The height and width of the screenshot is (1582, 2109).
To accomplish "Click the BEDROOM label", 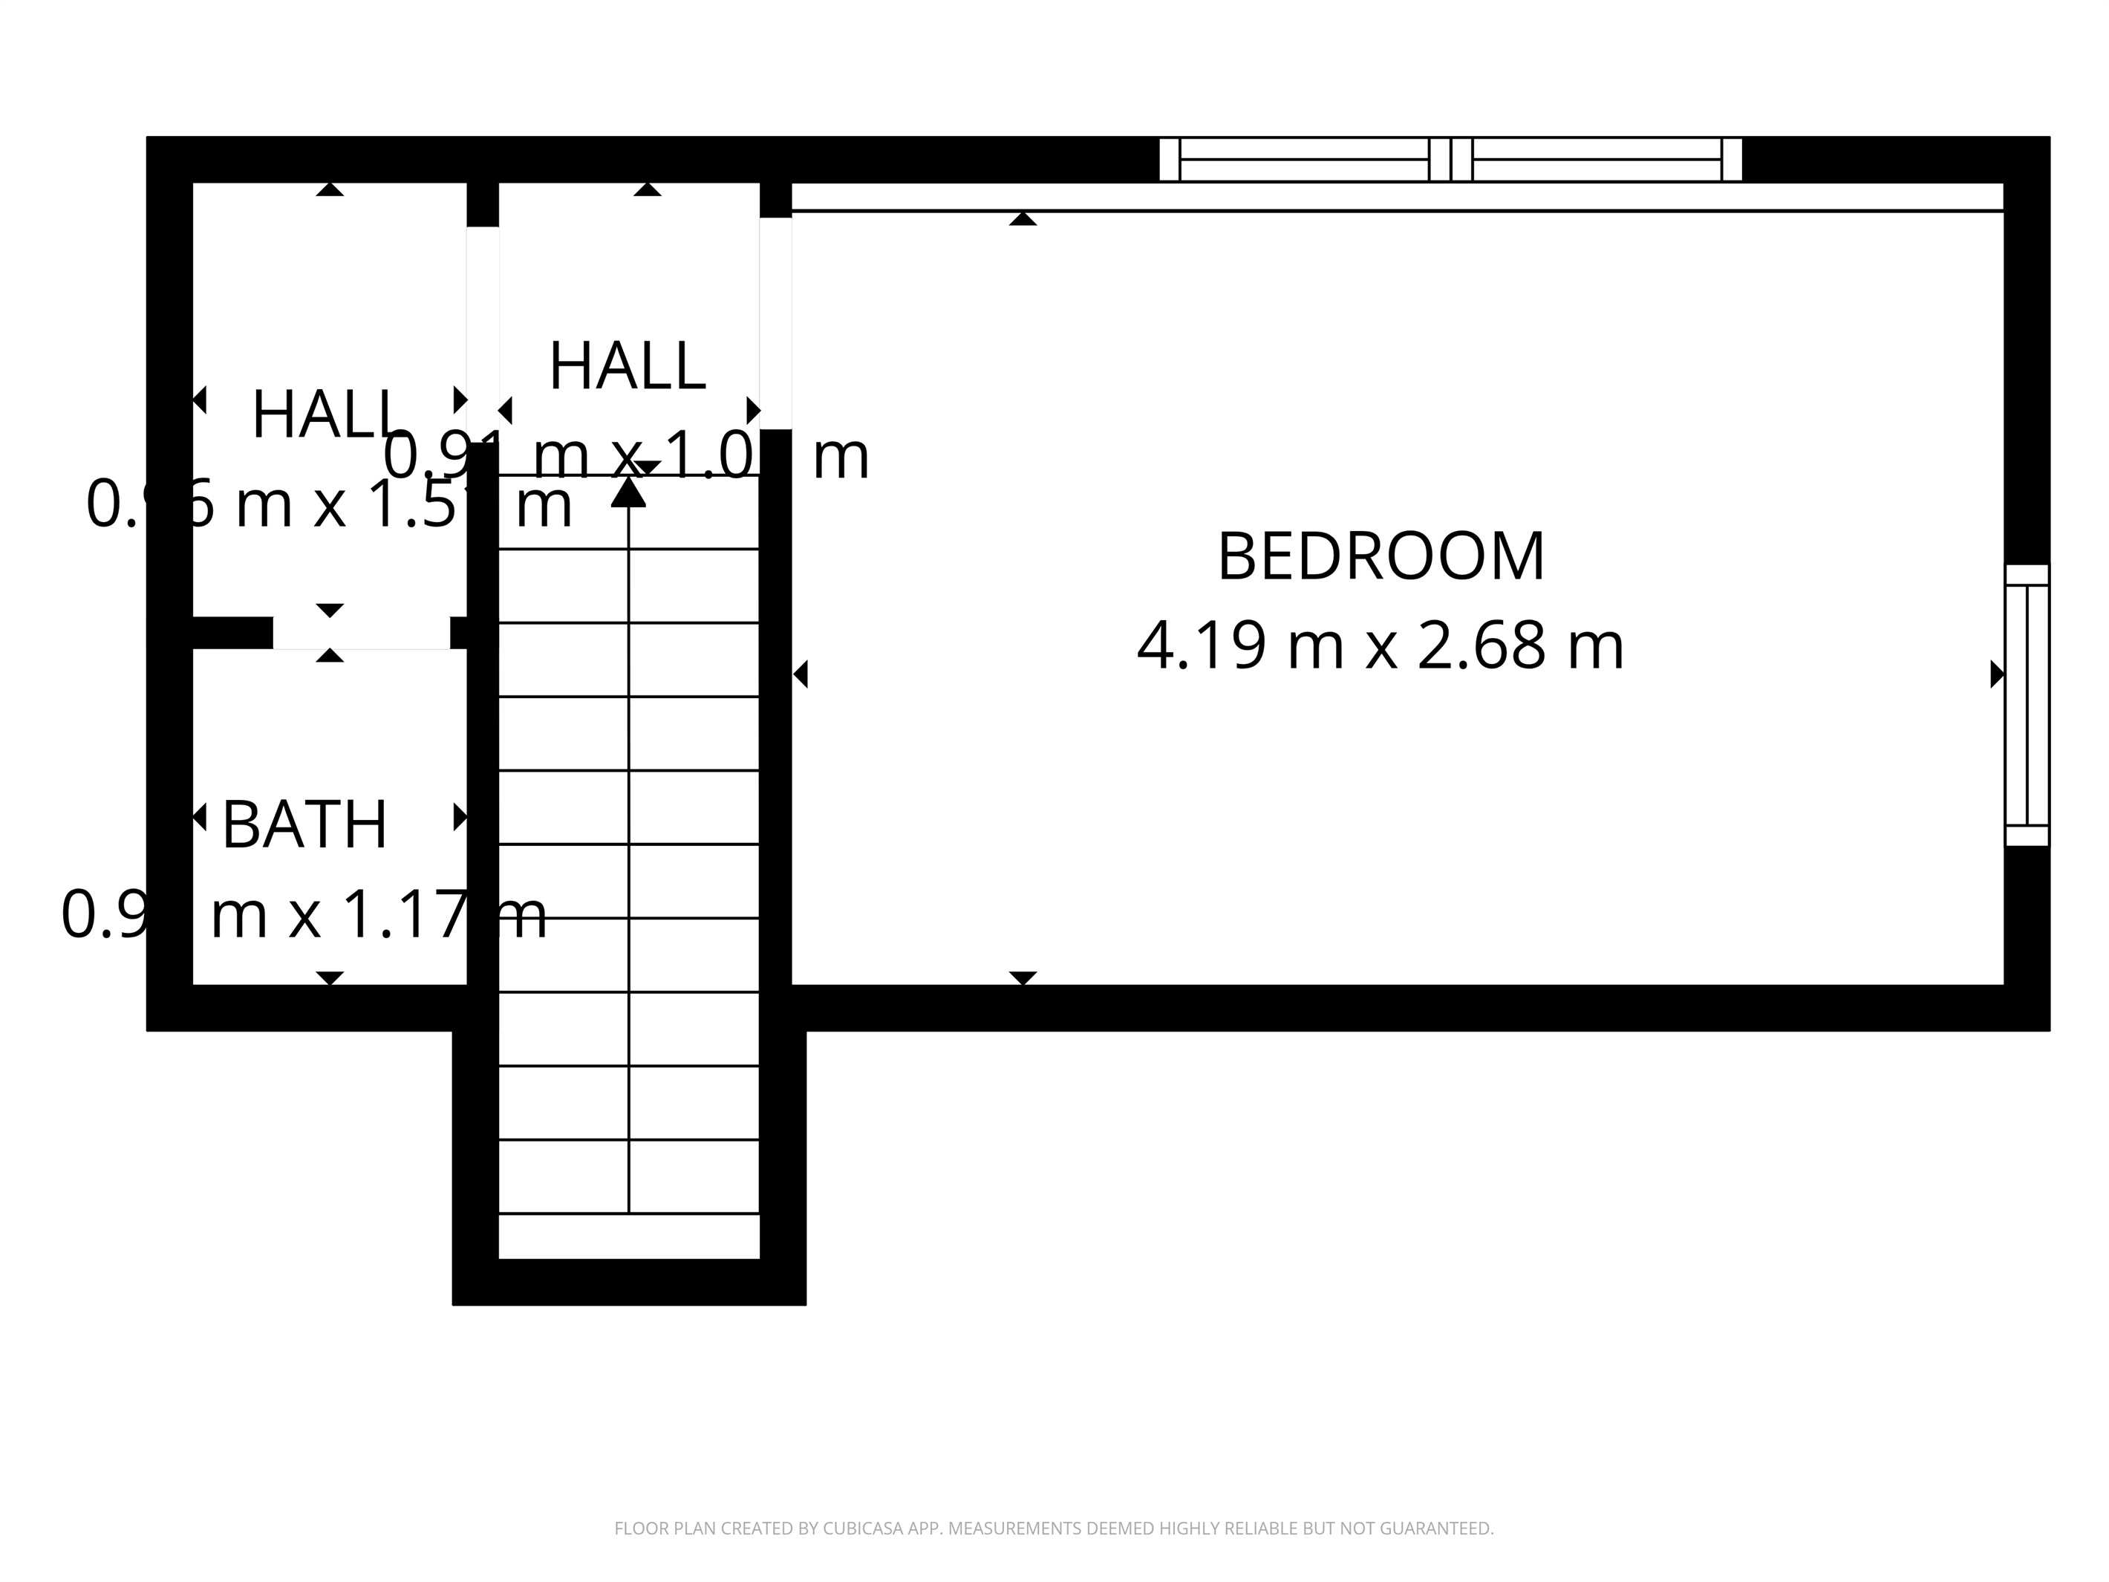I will click(1380, 557).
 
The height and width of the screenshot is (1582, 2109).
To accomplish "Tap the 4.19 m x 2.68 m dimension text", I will click(1380, 646).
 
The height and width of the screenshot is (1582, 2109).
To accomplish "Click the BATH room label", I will click(304, 825).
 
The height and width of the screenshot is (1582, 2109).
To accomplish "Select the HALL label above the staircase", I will click(627, 366).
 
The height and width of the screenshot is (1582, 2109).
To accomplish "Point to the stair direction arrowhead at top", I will click(628, 493).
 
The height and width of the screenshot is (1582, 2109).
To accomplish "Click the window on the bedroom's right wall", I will click(2026, 705).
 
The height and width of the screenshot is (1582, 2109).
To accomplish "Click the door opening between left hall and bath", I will click(362, 632).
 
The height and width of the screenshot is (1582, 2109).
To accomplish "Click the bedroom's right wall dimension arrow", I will click(1995, 674).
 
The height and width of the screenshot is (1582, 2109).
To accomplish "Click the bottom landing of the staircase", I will click(628, 1236).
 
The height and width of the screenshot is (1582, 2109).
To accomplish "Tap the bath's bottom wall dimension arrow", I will click(330, 977).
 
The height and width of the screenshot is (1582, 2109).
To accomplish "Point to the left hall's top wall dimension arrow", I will click(330, 189).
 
